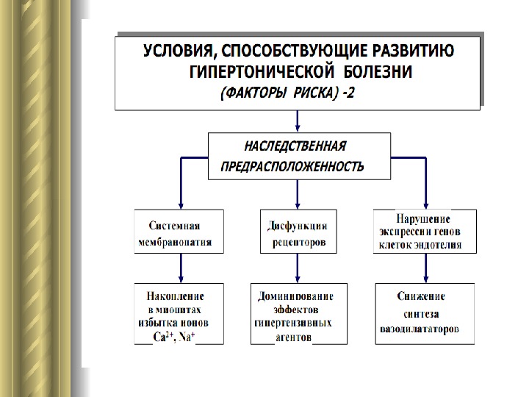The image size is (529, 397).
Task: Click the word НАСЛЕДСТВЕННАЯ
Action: pos(295,146)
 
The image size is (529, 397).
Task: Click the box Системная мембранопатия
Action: pos(179,232)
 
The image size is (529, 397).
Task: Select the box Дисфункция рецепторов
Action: pos(297,232)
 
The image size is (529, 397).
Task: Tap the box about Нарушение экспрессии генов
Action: pos(425,232)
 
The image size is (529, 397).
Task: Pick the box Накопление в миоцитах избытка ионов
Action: pos(179,314)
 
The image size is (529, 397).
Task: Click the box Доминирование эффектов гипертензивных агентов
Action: pos(298,314)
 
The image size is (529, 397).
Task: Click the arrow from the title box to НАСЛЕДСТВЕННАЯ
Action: pos(297,121)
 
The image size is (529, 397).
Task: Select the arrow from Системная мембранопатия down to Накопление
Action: pos(180,268)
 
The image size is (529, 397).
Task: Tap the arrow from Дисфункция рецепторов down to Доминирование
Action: pos(298,268)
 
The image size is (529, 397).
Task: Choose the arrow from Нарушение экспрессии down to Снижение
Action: pos(425,268)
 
